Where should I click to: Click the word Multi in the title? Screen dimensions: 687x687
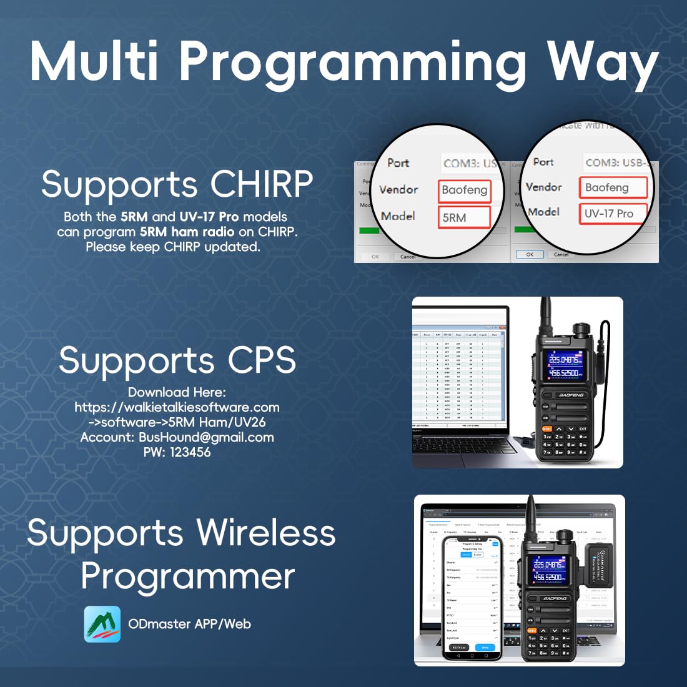tap(94, 61)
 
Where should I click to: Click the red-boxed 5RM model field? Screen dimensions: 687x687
tap(464, 217)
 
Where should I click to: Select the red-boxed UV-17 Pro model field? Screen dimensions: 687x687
tap(611, 214)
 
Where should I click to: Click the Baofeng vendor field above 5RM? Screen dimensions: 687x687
tap(464, 190)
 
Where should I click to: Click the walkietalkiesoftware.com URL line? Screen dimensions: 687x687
tap(177, 407)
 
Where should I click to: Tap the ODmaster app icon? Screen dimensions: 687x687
tap(102, 624)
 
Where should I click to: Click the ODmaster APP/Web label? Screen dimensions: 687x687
tap(189, 624)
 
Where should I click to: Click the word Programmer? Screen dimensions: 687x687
tap(187, 576)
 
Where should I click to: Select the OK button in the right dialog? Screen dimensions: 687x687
tap(530, 255)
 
